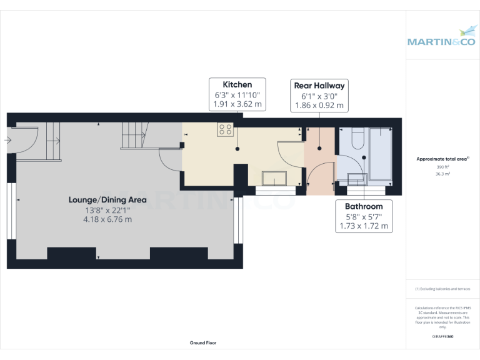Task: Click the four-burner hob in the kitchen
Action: [226, 129]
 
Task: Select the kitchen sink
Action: [273, 178]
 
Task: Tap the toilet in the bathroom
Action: [357, 139]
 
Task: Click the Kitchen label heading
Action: [237, 84]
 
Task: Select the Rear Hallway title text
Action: [319, 85]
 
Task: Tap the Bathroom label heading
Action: [364, 206]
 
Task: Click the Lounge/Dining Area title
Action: [107, 200]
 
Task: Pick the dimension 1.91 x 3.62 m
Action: [237, 104]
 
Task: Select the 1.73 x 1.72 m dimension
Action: [364, 226]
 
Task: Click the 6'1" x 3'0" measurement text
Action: [319, 96]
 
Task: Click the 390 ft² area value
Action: [442, 167]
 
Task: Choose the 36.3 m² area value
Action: [442, 174]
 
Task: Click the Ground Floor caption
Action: [203, 343]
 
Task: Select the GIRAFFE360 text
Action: [442, 337]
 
